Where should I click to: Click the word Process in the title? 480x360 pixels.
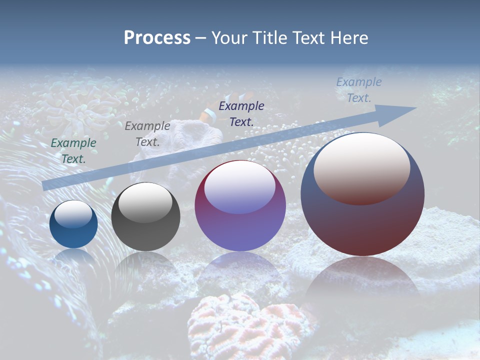click(x=157, y=38)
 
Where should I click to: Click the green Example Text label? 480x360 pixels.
click(x=73, y=150)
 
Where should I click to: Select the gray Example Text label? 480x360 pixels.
click(x=147, y=134)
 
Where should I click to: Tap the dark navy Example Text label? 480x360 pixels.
click(x=241, y=113)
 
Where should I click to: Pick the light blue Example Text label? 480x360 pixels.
click(x=359, y=90)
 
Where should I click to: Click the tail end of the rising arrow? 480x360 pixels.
click(x=47, y=185)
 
